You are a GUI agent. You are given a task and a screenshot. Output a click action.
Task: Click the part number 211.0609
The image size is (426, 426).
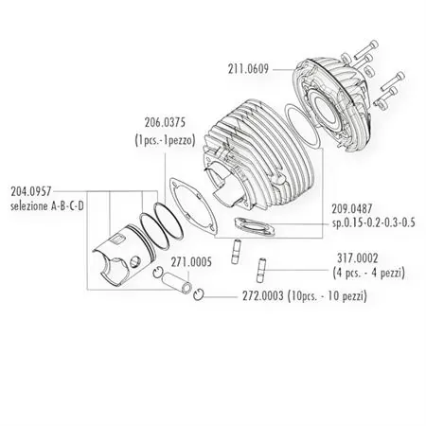click(x=248, y=68)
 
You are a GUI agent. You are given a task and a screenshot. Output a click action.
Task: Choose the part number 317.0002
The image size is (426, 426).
click(x=351, y=256)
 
